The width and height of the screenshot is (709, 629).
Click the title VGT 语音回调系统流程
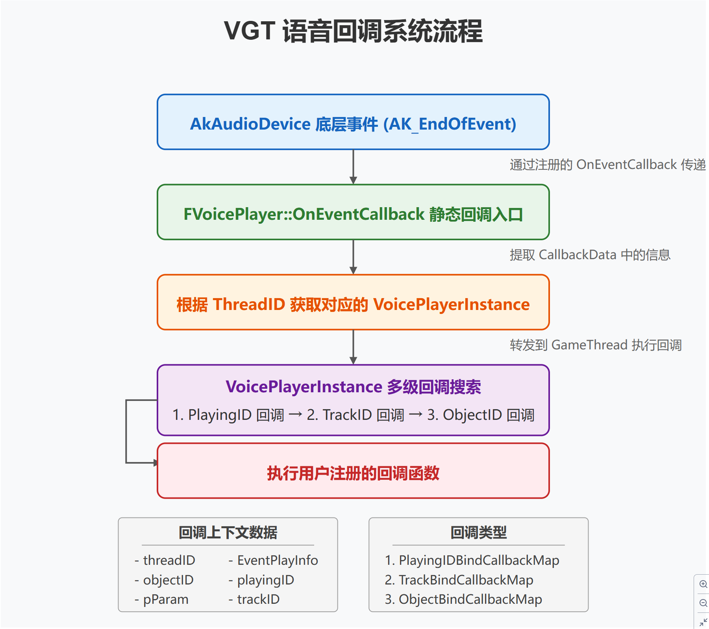[x=353, y=31]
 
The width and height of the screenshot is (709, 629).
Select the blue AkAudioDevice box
[x=353, y=122]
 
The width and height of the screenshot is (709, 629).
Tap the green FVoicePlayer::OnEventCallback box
[x=353, y=212]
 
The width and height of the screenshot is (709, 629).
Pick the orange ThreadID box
[x=353, y=302]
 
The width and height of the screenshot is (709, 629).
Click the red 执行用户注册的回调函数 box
[x=353, y=471]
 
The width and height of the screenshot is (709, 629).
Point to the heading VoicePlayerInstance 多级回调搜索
[x=353, y=387]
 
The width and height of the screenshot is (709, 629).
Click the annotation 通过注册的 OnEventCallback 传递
[x=607, y=165]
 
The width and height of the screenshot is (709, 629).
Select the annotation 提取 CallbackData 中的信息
[x=590, y=255]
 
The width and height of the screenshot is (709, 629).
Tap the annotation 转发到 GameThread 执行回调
[x=595, y=345]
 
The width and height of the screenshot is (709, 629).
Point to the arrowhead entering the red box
[x=155, y=463]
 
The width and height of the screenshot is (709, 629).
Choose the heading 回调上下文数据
[x=228, y=533]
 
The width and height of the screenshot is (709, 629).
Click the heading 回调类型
[x=478, y=533]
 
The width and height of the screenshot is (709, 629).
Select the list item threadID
[x=169, y=560]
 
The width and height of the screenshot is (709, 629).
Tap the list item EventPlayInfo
[x=277, y=560]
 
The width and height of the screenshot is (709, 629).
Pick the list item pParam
[x=165, y=599]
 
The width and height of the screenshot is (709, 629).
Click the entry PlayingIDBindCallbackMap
[x=479, y=560]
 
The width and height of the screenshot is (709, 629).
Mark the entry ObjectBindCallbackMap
[x=470, y=599]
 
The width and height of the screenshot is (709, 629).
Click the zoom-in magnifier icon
[x=703, y=584]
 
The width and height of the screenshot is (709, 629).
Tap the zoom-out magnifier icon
[x=703, y=603]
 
